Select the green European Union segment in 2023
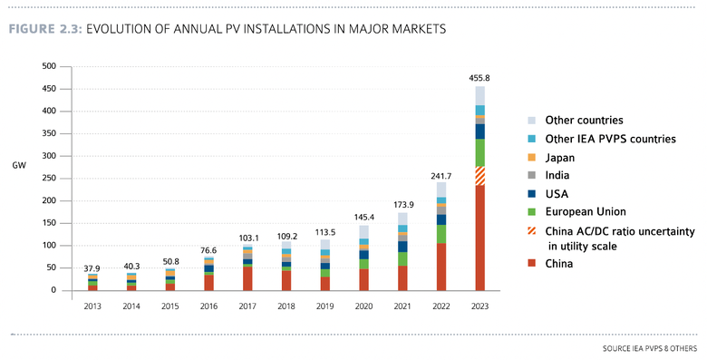(x=480, y=152)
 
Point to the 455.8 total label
(x=480, y=78)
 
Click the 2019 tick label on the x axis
(x=324, y=306)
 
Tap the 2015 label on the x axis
(x=169, y=306)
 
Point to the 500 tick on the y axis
(x=49, y=66)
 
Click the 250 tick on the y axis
(x=49, y=179)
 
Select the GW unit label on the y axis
(x=19, y=165)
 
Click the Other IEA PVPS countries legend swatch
(x=533, y=138)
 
